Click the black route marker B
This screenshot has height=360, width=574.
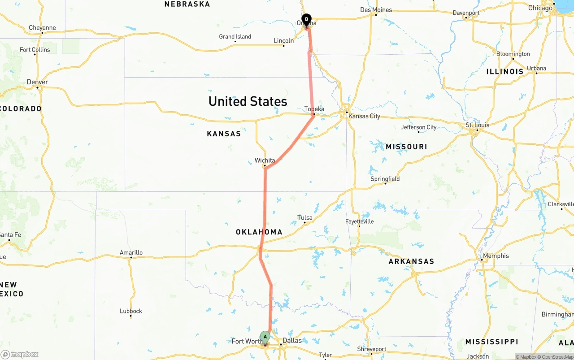pos(306,20)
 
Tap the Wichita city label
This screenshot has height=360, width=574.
pos(265,160)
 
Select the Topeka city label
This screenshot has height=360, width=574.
pos(314,109)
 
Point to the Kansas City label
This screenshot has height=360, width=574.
pos(364,116)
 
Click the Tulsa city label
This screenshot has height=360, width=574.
pos(305,218)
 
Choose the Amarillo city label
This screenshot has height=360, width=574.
pos(131,252)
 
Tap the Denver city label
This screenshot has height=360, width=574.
pos(37,82)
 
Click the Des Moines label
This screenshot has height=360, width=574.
pos(376,10)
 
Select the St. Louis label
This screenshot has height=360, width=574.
pos(478,125)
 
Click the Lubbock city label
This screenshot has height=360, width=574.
pos(131,311)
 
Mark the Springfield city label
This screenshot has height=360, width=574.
pos(385,179)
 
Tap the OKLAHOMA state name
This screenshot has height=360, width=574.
pos(259,232)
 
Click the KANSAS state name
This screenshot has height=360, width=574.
pos(224,134)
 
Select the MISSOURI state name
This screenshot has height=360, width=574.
pos(406,147)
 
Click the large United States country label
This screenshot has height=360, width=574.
pos(248,101)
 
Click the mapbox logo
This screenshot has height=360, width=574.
pos(20,354)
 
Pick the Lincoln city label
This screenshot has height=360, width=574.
pos(283,41)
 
